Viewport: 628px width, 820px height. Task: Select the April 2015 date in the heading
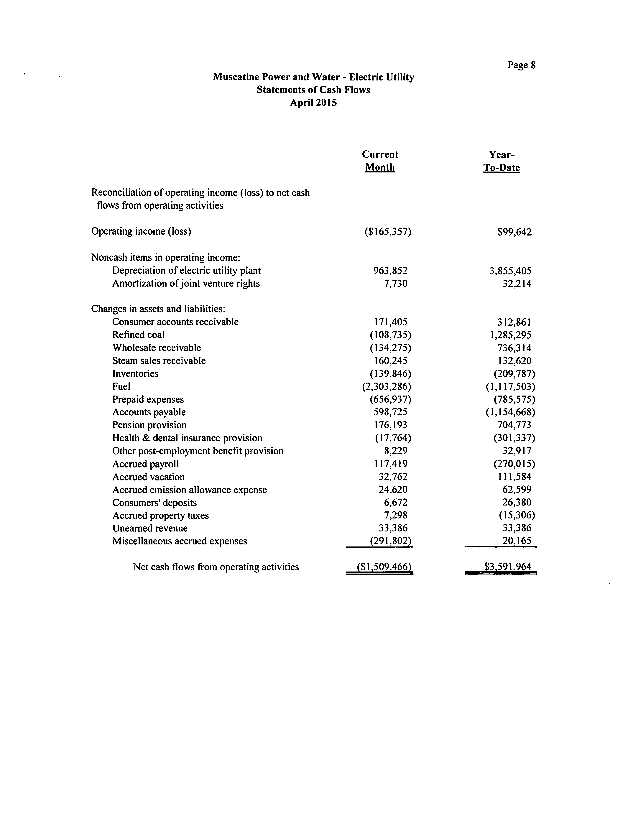point(313,103)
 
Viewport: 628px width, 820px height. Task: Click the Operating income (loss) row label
point(141,231)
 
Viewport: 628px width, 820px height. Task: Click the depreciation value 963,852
point(390,271)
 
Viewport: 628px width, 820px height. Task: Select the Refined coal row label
point(138,335)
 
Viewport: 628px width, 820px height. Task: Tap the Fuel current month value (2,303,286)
point(387,386)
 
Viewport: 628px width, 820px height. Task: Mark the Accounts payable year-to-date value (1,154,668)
point(510,412)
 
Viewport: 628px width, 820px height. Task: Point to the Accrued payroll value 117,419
point(391,464)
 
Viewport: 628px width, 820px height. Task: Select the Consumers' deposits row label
point(154,503)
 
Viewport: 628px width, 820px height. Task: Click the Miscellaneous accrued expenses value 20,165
point(517,541)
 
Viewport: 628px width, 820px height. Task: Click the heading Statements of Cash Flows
point(313,90)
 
